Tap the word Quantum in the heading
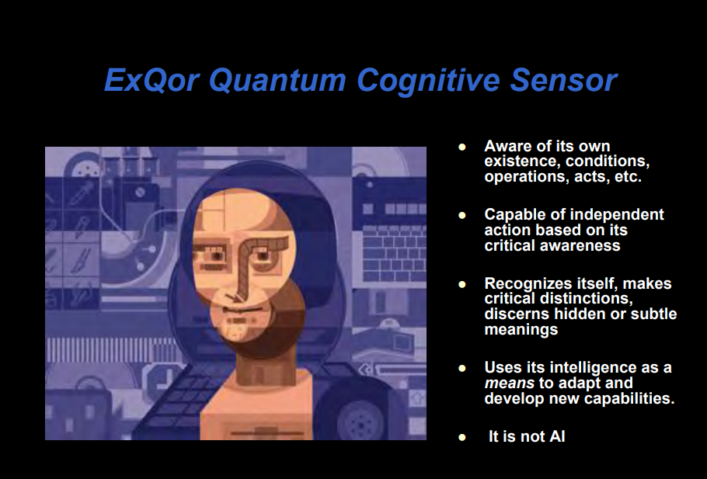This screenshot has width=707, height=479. pos(277,80)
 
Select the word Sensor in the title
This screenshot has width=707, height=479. pos(563,80)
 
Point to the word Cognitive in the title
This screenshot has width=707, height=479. pos(428,81)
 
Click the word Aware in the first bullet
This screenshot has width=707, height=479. pos(508,146)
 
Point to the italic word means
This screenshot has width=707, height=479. pos(509,384)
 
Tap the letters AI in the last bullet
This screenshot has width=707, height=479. pos(557,436)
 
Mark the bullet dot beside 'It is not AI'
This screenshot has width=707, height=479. pos(461,437)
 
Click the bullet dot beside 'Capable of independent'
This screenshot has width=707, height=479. pos(461,215)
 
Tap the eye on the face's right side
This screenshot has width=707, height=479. pos(263,257)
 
